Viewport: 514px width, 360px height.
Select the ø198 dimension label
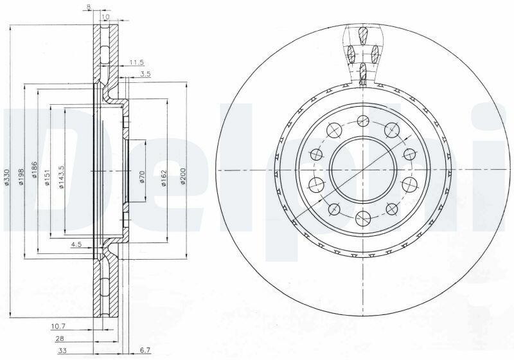(x=21, y=176)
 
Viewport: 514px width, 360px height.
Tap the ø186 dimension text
(x=35, y=170)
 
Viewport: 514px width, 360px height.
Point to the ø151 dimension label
(x=47, y=177)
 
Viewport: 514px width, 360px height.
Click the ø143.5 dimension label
(x=61, y=176)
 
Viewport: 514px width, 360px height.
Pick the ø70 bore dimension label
(x=142, y=177)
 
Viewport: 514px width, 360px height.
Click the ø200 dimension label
(x=183, y=176)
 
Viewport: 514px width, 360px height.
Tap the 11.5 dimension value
(x=137, y=62)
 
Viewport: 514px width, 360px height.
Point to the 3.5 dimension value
(x=145, y=74)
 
